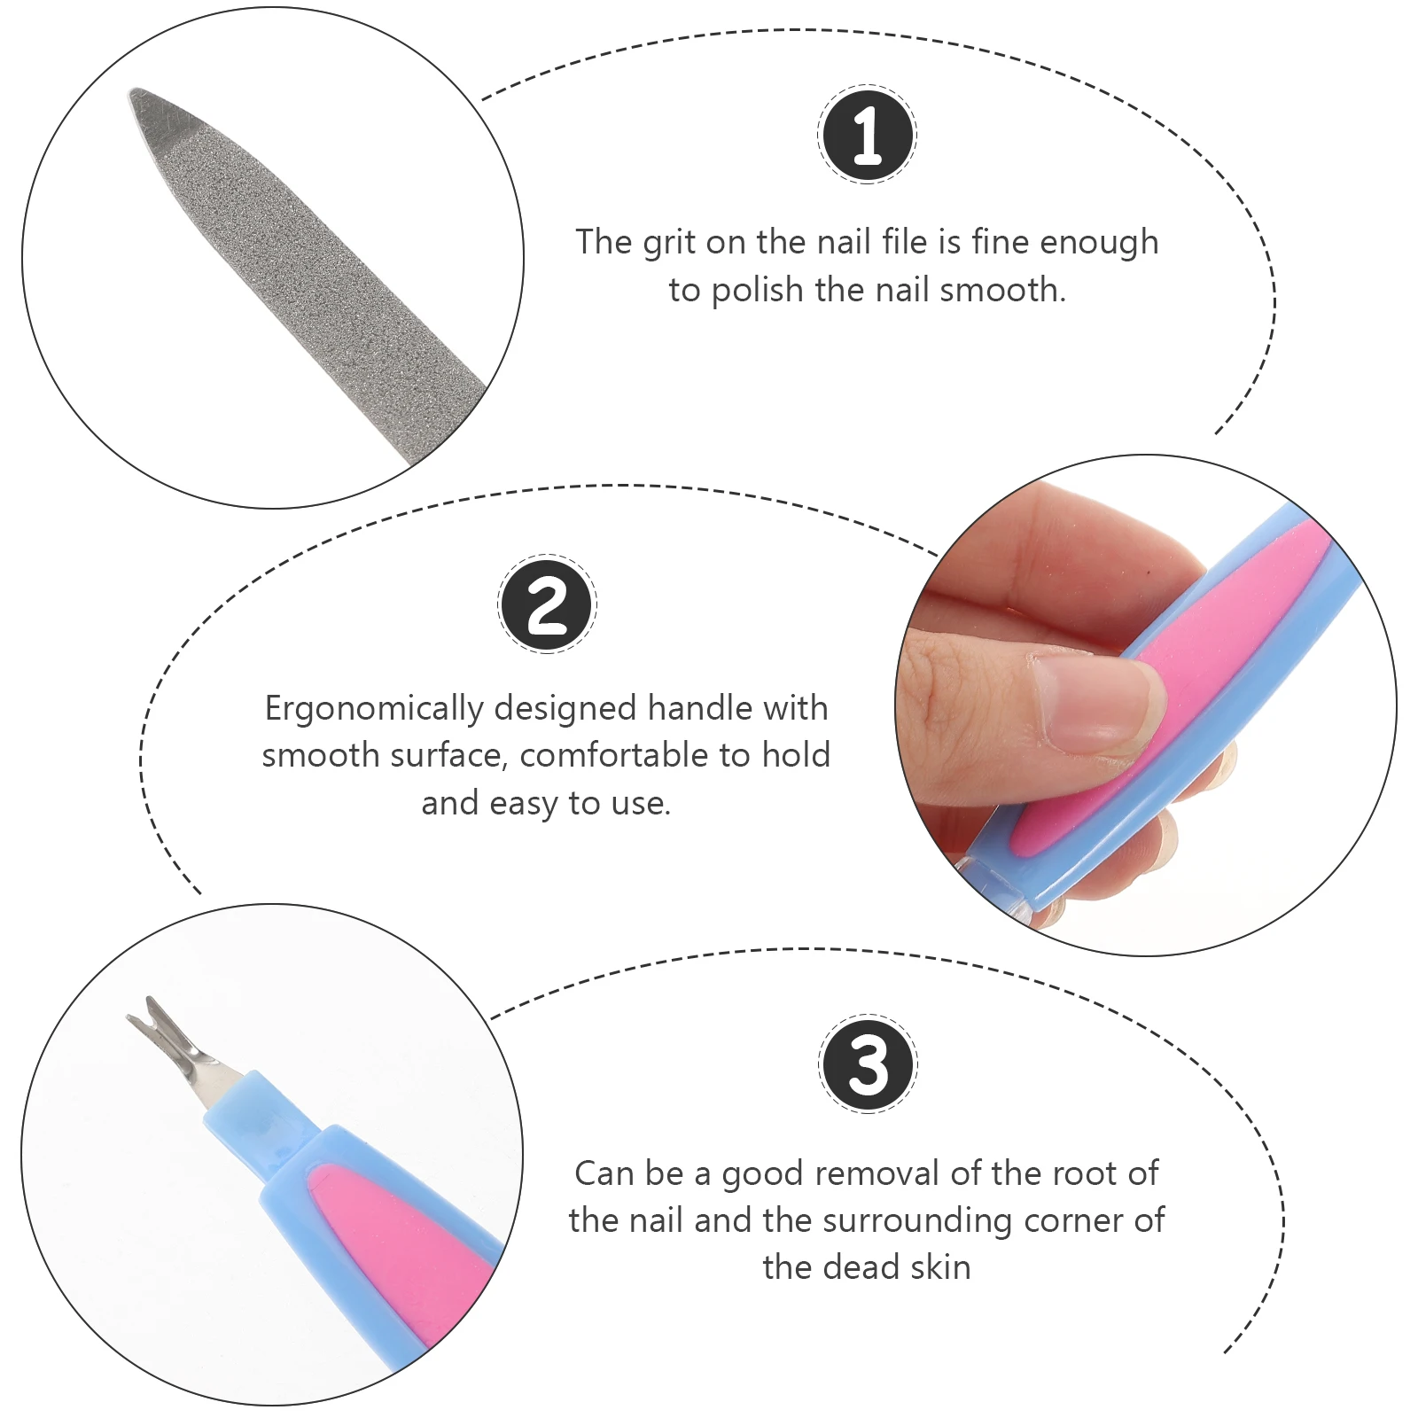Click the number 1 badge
tap(867, 135)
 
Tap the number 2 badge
tap(547, 604)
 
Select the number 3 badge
tap(868, 1064)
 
